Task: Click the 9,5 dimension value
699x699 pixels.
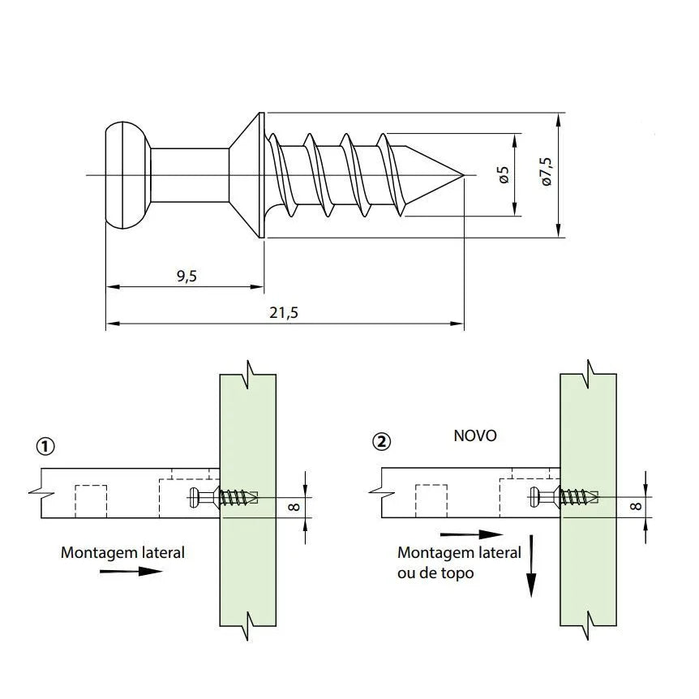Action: [x=186, y=277]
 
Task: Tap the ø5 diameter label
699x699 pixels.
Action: [x=503, y=174]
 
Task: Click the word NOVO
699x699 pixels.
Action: [x=474, y=435]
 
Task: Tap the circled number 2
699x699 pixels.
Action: [x=380, y=442]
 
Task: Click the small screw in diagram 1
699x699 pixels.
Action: [x=223, y=496]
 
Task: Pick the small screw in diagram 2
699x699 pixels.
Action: [x=564, y=495]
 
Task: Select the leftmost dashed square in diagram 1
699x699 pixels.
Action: [x=91, y=500]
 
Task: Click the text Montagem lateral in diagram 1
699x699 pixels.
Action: [x=122, y=552]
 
